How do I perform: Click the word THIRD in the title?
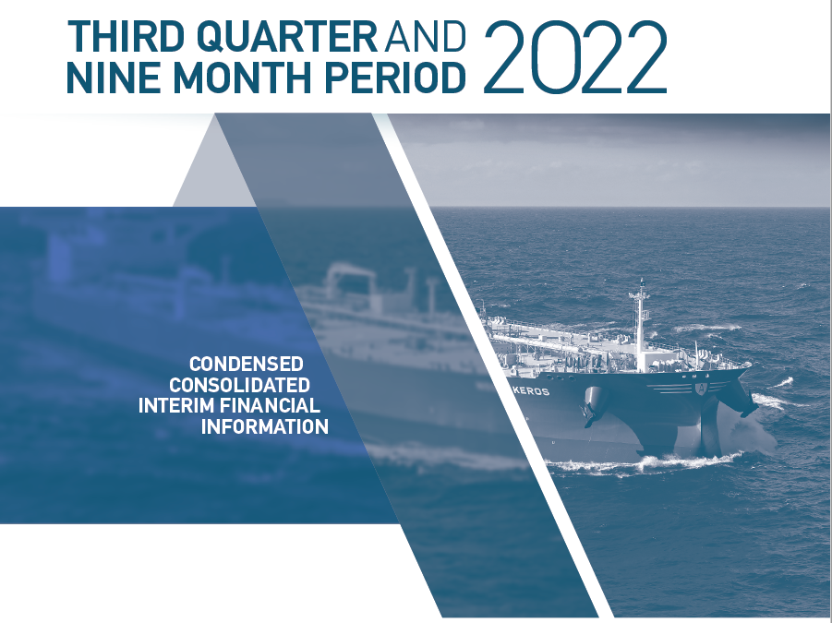tap(126, 37)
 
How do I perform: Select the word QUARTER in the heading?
tap(287, 37)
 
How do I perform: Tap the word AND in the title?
tap(425, 37)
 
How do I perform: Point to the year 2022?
tap(575, 57)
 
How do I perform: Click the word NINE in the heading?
tap(113, 78)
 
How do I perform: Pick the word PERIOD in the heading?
tap(395, 78)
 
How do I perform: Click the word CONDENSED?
tap(247, 364)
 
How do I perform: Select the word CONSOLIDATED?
tap(239, 385)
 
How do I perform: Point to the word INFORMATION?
tap(265, 426)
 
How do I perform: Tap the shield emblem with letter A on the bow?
tap(702, 389)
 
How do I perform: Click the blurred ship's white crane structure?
tap(350, 280)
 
